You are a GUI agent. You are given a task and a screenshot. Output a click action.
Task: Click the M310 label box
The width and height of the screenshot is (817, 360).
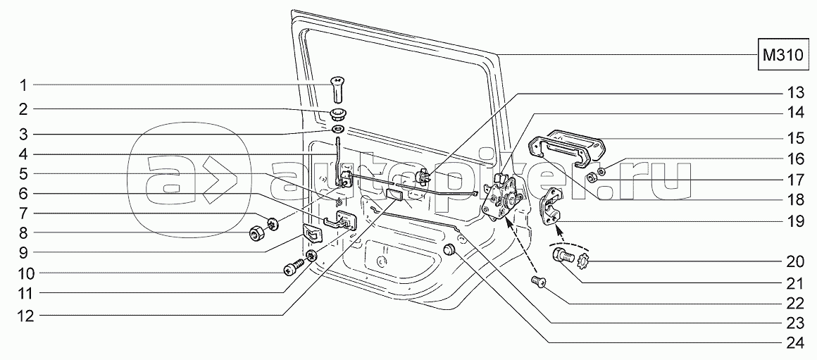[x=783, y=55]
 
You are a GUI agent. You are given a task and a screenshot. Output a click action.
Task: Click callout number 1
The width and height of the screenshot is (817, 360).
[x=23, y=85]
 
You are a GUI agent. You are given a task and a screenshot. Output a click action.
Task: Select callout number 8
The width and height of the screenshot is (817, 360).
[x=23, y=232]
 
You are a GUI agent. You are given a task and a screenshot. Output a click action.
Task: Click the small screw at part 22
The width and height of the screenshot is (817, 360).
[x=540, y=282]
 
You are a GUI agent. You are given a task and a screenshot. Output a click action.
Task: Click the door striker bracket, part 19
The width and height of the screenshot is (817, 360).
[x=551, y=207]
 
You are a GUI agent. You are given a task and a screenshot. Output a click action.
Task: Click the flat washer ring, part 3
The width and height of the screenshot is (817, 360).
[x=339, y=131]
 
